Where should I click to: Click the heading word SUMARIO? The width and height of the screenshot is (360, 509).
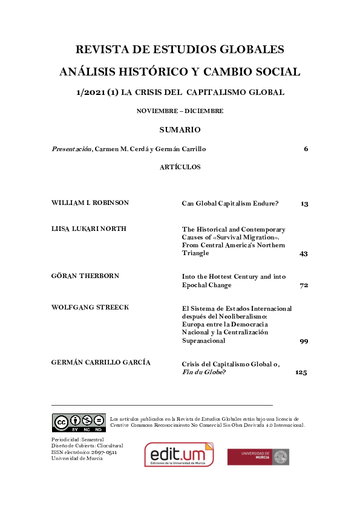tap(180, 130)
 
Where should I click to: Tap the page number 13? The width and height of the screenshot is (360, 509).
tap(304, 204)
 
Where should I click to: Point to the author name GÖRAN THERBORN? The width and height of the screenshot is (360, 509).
tap(85, 276)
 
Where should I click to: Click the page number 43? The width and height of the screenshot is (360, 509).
tap(304, 253)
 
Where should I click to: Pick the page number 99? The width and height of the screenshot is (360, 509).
tap(304, 341)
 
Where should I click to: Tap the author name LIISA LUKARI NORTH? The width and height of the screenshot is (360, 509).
tap(89, 229)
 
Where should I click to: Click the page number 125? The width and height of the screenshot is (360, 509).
tap(301, 373)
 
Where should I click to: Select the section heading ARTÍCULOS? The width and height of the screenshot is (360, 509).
tap(180, 167)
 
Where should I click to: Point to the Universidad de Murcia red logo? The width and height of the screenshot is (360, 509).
tap(258, 456)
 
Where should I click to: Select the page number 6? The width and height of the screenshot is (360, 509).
tap(306, 149)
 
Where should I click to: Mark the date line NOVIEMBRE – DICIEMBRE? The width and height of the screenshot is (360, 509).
tap(180, 111)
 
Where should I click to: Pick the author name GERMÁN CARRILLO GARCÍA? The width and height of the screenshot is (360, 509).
tap(101, 362)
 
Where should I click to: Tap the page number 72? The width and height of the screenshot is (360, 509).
tap(304, 285)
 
